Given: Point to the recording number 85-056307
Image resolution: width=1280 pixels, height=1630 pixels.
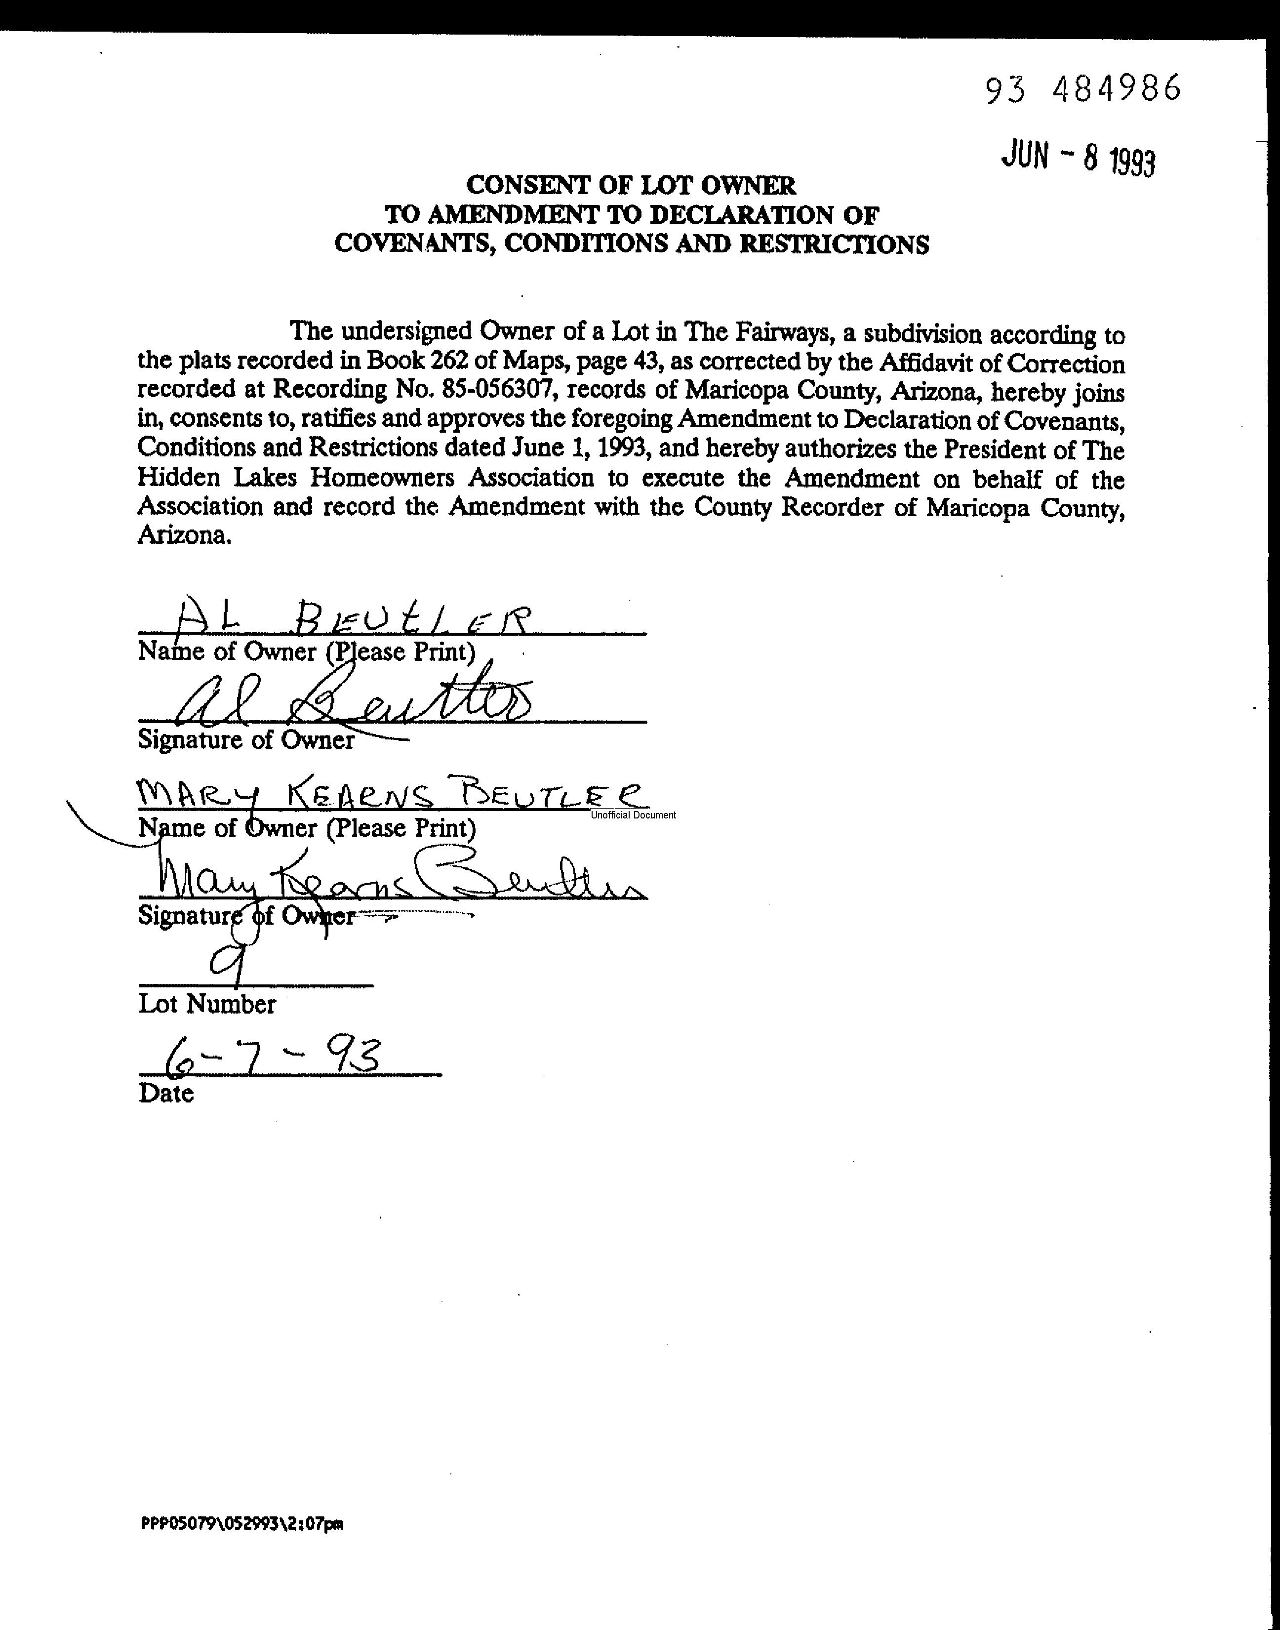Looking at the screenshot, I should pyautogui.click(x=489, y=390).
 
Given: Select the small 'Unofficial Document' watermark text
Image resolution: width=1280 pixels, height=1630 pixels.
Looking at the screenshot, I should pyautogui.click(x=633, y=815).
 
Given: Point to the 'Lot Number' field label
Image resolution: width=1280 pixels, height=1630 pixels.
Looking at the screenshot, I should pyautogui.click(x=207, y=1004).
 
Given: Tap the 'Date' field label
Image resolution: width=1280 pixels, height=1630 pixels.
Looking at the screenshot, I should pyautogui.click(x=165, y=1094).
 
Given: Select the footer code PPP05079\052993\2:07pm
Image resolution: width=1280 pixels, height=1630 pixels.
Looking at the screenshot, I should pyautogui.click(x=241, y=1524).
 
